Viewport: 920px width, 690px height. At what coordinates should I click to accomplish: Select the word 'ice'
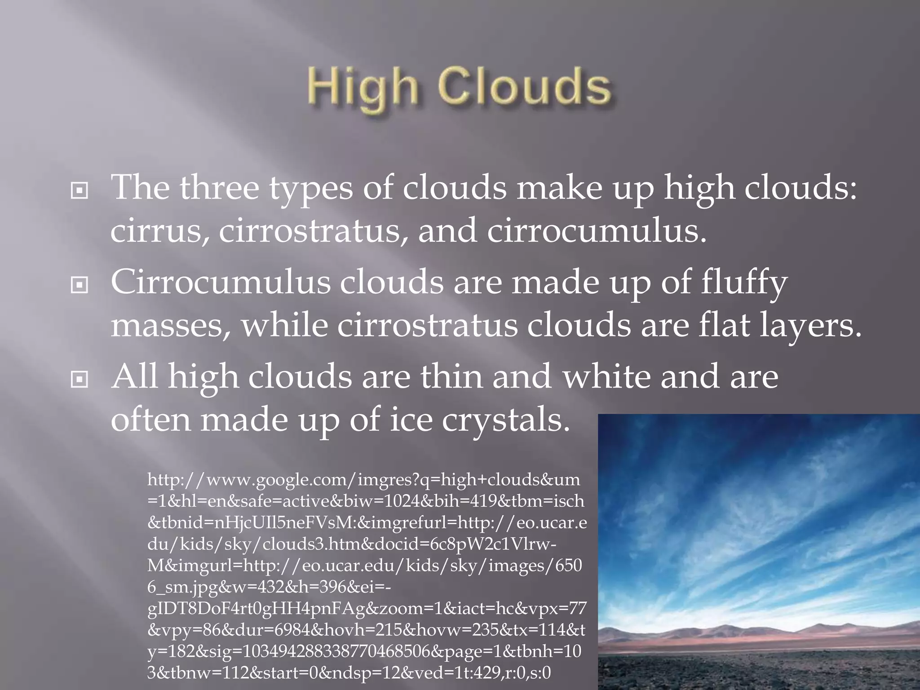(411, 420)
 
